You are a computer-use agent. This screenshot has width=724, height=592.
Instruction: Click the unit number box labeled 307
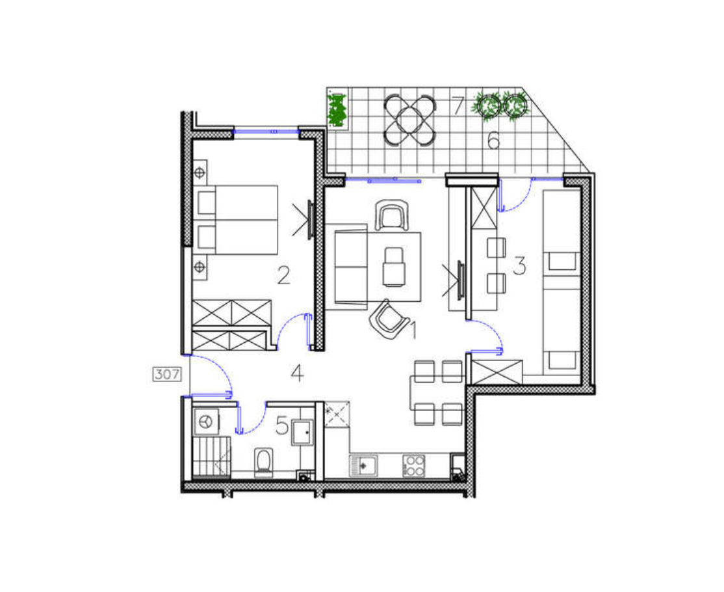tap(166, 374)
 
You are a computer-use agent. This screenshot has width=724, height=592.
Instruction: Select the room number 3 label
tap(519, 265)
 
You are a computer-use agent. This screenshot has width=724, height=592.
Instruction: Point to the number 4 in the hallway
tap(298, 373)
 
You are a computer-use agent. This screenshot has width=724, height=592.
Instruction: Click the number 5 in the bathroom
tap(281, 425)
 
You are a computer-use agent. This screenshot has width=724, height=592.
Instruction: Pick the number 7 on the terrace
tap(457, 105)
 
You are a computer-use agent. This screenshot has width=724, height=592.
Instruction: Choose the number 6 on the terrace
tap(493, 140)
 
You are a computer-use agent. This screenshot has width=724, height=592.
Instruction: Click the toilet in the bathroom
tap(264, 463)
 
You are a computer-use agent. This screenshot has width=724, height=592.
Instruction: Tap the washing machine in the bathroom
tap(207, 422)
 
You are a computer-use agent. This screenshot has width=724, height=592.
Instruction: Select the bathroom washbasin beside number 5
tap(302, 432)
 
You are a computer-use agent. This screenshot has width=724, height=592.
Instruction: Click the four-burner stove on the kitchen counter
tap(414, 466)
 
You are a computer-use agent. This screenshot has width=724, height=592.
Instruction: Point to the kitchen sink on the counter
tap(363, 466)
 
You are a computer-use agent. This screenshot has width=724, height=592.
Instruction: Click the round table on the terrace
tap(409, 120)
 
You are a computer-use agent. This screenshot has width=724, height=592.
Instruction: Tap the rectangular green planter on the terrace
tap(337, 111)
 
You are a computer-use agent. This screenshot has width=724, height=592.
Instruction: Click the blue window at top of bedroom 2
tap(266, 131)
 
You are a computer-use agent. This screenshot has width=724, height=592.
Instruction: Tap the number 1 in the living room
tap(414, 331)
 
